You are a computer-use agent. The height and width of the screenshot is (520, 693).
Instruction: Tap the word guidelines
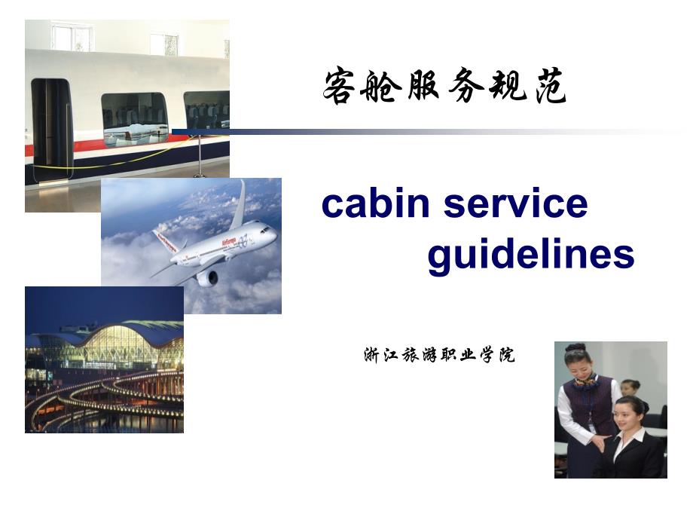pyautogui.click(x=531, y=255)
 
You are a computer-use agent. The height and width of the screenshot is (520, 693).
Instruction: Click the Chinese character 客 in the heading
pyautogui.click(x=340, y=85)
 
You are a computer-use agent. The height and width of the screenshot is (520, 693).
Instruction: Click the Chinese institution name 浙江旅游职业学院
pyautogui.click(x=440, y=355)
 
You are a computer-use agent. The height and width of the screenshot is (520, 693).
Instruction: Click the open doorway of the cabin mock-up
pyautogui.click(x=50, y=129)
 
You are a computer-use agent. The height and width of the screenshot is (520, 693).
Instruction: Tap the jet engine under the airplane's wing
pyautogui.click(x=207, y=278)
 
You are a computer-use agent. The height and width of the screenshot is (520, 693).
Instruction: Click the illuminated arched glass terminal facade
pyautogui.click(x=124, y=347)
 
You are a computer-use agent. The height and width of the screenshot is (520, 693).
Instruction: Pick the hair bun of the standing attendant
pyautogui.click(x=574, y=347)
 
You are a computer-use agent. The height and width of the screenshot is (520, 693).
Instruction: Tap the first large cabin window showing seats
pyautogui.click(x=135, y=120)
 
